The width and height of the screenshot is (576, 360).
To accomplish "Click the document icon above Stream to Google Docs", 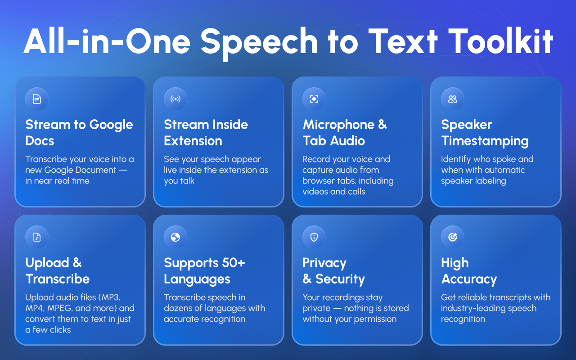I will (36, 99).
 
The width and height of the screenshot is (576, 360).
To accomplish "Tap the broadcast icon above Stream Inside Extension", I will (175, 99).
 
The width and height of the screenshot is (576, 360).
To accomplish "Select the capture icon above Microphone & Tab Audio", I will (314, 99).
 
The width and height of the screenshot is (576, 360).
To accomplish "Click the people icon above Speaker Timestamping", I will (452, 99).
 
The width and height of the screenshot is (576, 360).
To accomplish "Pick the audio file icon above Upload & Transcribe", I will (36, 237).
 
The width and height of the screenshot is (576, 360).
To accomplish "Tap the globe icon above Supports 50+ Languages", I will (175, 237).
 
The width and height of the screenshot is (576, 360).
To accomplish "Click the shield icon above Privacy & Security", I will (314, 237).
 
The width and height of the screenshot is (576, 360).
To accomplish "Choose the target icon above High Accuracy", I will (452, 237).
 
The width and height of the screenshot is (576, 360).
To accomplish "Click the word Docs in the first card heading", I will (40, 141).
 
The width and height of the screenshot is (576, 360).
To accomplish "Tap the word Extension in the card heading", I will (193, 141).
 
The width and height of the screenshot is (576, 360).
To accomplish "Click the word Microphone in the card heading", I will (338, 125).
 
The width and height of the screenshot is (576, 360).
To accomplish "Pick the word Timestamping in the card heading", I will (485, 141).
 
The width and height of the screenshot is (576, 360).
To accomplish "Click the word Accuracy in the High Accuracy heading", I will (469, 279).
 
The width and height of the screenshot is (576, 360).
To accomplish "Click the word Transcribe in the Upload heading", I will (58, 279).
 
